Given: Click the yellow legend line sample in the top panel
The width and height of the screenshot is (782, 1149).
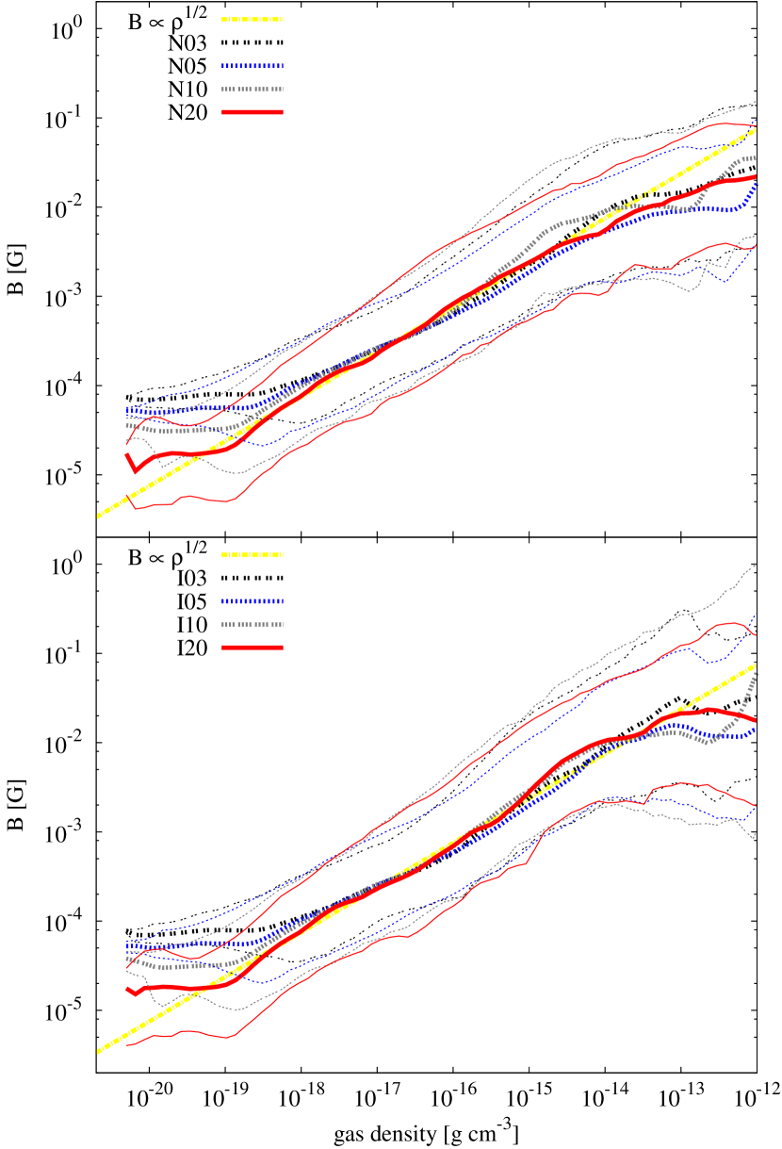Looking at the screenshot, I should point(253,19).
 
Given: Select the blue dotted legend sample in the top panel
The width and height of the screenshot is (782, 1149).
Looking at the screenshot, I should point(253,66).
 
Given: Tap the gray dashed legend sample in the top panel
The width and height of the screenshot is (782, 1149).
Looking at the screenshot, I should point(253,90).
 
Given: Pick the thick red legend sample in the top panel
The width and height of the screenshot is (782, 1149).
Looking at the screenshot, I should point(253,112).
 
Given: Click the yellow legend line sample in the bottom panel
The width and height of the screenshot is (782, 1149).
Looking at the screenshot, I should point(253,555).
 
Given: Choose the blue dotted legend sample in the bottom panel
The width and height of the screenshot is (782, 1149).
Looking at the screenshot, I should point(253,601).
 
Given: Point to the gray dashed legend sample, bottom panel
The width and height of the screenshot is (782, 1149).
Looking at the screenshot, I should point(253,625).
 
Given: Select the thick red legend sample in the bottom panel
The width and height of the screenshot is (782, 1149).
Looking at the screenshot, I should point(253,648).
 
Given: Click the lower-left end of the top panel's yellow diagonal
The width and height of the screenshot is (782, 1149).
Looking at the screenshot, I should point(97,517).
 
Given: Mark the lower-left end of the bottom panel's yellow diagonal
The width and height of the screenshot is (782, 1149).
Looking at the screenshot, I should point(97,1052).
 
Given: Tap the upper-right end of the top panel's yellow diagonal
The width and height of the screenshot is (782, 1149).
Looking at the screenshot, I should point(756,129).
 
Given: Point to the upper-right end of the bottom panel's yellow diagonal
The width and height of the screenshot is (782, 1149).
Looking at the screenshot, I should point(756,665).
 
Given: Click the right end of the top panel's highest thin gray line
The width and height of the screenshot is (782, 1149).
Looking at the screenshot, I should point(756,101).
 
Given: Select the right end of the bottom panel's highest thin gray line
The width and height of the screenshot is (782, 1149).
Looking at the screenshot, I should point(756,566).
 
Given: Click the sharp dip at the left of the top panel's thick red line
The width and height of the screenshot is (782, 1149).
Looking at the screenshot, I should point(136,470).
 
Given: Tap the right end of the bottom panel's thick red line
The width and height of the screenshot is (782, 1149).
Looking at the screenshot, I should point(756,721).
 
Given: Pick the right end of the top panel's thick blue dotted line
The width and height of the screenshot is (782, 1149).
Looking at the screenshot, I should point(756,185).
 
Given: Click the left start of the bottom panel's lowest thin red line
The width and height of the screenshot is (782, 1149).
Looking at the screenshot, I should point(127,1044).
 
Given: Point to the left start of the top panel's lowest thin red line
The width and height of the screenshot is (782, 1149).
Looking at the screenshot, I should point(127,497).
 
